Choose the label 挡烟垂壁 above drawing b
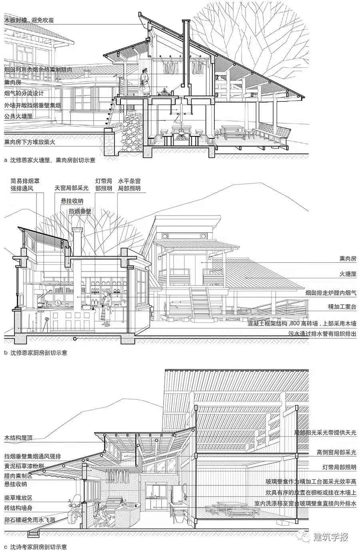coord(80,211)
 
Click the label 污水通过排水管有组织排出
coord(322,333)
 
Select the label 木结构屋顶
coord(18,437)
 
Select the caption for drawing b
coord(36,353)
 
